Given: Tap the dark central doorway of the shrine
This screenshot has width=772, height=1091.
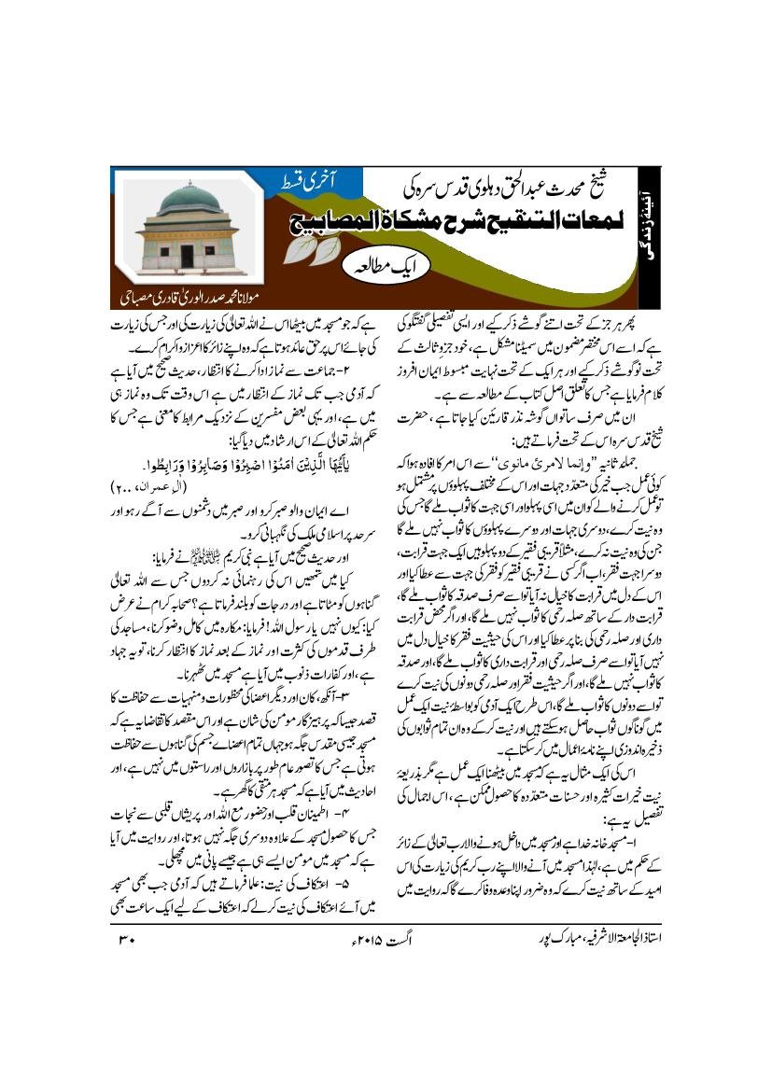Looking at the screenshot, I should tap(187, 253).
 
